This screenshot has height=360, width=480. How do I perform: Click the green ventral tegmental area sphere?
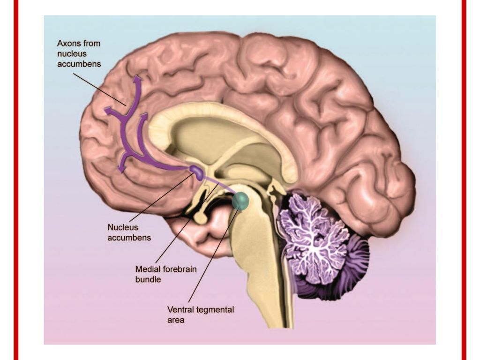point(241,201)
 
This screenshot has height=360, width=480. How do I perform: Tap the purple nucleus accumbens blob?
point(197,172)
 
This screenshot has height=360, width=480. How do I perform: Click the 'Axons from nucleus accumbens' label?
point(79,53)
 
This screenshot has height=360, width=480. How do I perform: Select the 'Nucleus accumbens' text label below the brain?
point(129,232)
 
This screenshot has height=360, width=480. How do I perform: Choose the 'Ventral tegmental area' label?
point(200,315)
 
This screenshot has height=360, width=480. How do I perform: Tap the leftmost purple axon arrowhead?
point(107,111)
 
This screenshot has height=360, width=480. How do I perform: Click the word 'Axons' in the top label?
point(68,43)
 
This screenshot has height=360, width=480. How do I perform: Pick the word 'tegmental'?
point(214,309)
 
